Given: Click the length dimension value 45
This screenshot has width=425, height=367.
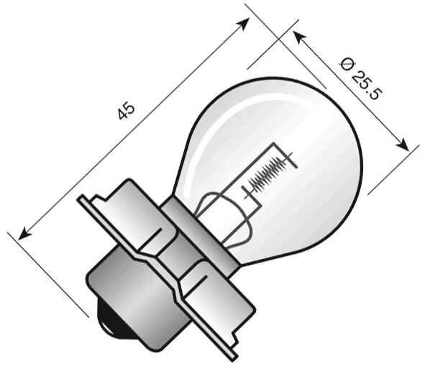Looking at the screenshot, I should tap(127, 112).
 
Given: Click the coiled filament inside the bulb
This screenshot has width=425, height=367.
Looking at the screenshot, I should tap(268, 172).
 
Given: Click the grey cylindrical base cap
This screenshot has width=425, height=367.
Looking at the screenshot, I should tap(122, 288).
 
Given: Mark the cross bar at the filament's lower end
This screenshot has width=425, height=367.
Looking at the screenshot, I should tap(247, 191).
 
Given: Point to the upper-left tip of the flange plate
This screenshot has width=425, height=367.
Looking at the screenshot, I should tap(80, 201).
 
